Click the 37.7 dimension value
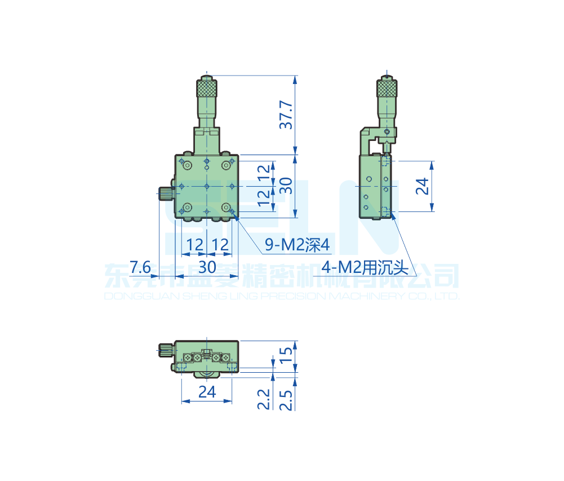[x=287, y=115]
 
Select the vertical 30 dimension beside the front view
[x=286, y=186]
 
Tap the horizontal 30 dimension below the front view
[x=207, y=267]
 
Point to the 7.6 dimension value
[x=140, y=267]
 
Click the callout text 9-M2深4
[x=296, y=245]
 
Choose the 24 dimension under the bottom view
[x=207, y=392]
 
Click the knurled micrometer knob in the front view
[x=207, y=89]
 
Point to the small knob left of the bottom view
[x=165, y=350]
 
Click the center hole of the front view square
[x=207, y=186]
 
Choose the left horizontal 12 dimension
[x=195, y=245]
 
